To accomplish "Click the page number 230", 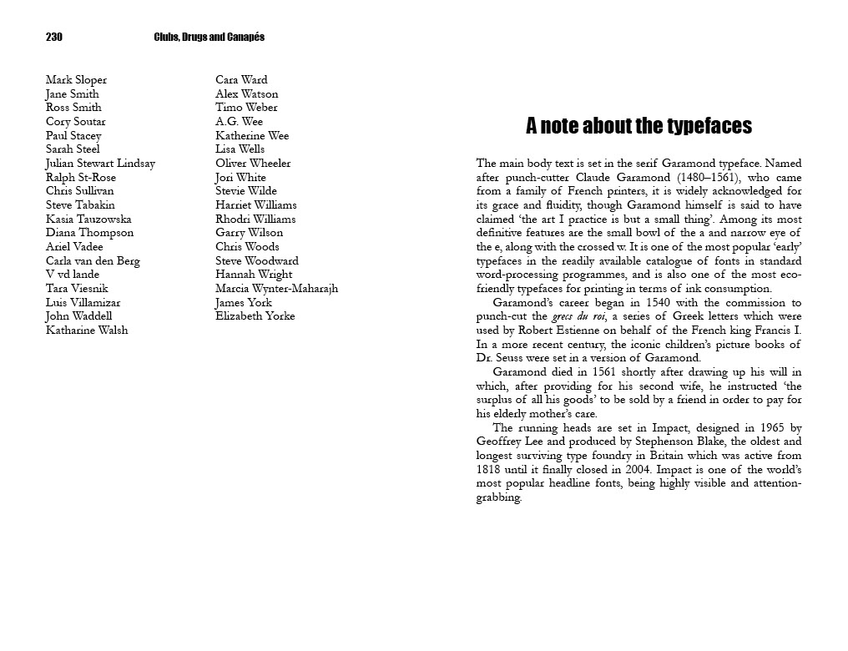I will [x=54, y=37].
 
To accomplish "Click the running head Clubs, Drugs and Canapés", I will [x=209, y=37].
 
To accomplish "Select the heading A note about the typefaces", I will [x=639, y=126].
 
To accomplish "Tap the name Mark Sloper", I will [x=76, y=80].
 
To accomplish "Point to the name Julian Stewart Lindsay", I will [x=100, y=164].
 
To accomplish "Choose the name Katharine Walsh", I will [x=87, y=331].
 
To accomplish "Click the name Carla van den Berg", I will [x=93, y=261].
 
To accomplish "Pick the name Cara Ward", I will [x=241, y=80].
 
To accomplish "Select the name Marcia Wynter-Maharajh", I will [x=276, y=289].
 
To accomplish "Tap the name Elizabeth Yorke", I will [x=255, y=316].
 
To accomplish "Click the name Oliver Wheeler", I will [x=253, y=164].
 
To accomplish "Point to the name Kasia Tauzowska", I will [x=88, y=220].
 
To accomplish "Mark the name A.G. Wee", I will [x=239, y=122].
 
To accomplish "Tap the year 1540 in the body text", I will [x=607, y=303].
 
